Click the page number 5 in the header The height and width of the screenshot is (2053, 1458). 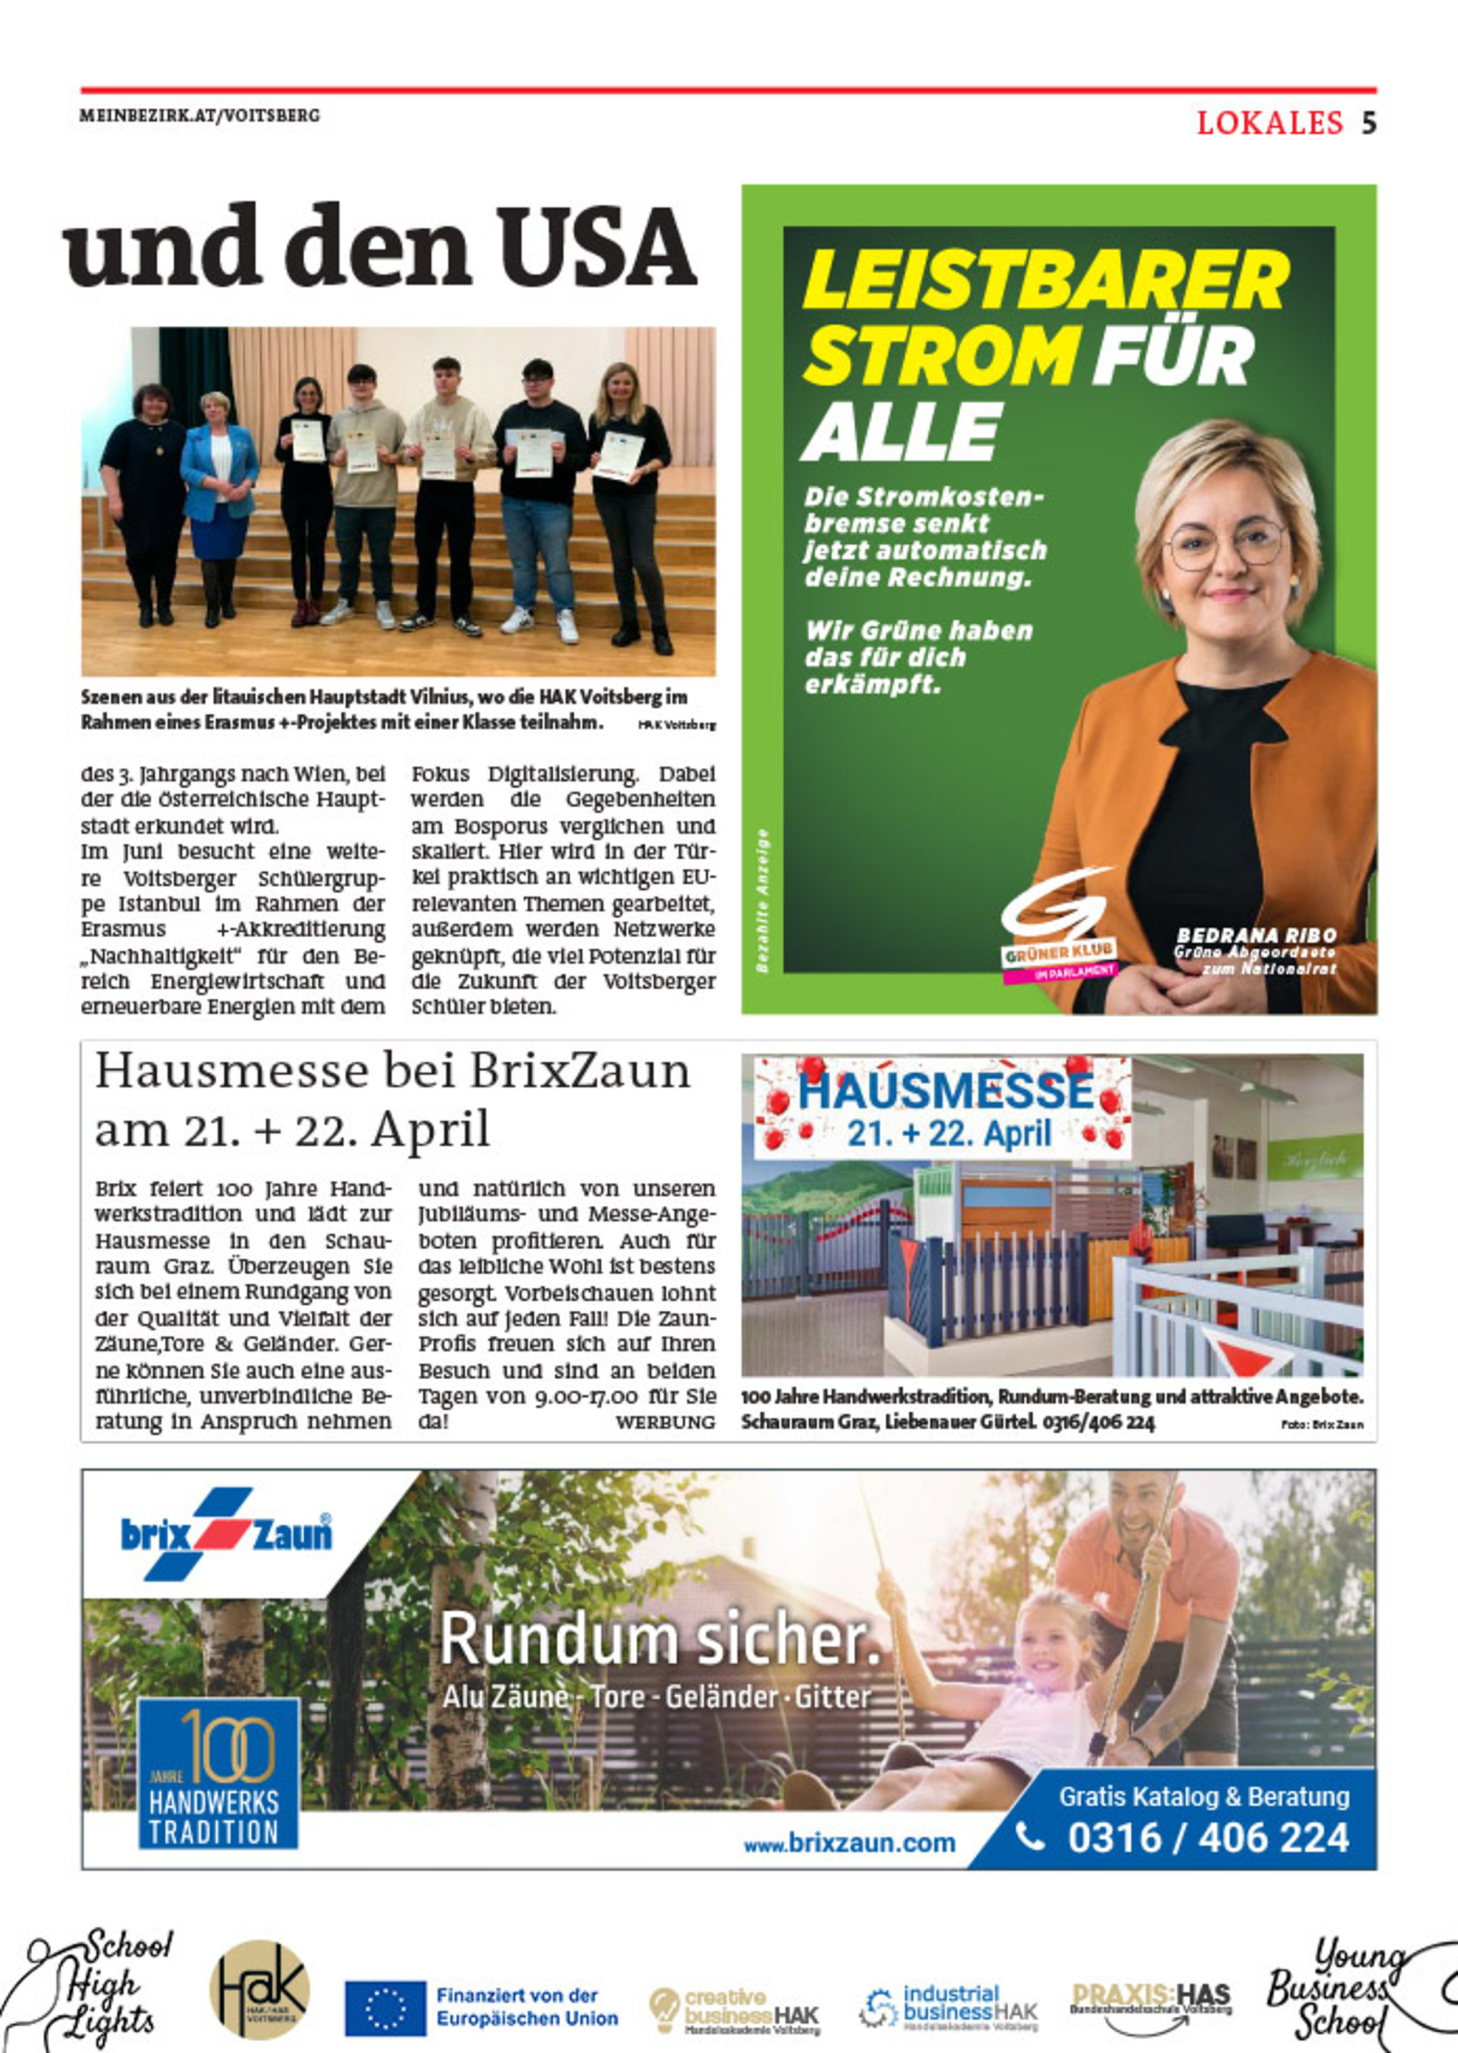coord(1367,122)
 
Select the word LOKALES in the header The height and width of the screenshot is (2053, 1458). coord(1270,122)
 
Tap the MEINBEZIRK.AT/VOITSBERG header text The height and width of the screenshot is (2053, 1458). coord(199,116)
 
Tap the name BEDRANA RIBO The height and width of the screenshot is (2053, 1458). coord(1256,935)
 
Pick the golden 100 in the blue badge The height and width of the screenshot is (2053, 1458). coord(228,1744)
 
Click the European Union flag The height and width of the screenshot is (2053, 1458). coord(385,2008)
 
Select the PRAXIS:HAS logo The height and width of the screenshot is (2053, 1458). coord(1151,2002)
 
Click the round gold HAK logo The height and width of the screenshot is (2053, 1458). coord(259,1989)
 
